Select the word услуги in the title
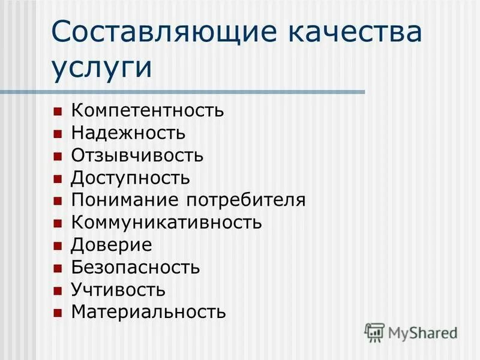102,67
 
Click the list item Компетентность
148,111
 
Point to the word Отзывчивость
137,156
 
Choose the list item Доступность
131,178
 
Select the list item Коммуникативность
166,223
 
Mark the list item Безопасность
136,268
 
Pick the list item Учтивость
118,290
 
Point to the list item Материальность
149,312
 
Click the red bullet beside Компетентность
58,112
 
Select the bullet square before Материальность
58,313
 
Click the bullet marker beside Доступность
58,179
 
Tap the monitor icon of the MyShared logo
375,332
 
